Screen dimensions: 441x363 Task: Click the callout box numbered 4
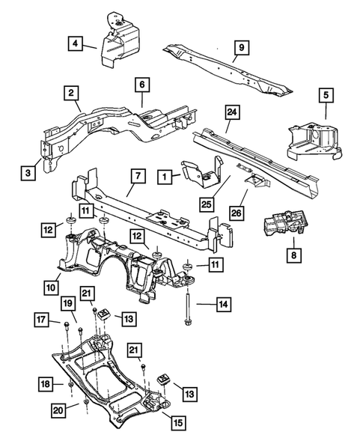pyautogui.click(x=76, y=43)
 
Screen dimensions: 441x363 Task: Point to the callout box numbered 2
pyautogui.click(x=71, y=94)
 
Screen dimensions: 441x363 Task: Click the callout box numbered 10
pyautogui.click(x=52, y=285)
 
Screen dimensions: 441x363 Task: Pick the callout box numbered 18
pyautogui.click(x=46, y=384)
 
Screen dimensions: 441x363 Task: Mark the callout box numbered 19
pyautogui.click(x=67, y=304)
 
